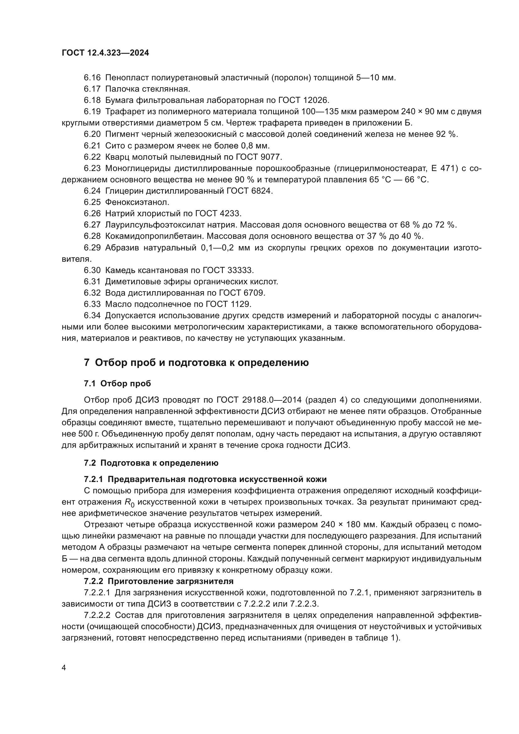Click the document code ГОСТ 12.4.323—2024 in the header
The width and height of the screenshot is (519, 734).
pos(105,53)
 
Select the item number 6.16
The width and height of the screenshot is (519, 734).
pos(92,78)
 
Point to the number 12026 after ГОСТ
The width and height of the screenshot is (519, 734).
pos(315,100)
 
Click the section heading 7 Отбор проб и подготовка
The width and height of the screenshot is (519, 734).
pos(196,363)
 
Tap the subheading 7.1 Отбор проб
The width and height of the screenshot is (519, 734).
pos(117,383)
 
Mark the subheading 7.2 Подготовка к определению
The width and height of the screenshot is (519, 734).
pos(151,463)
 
